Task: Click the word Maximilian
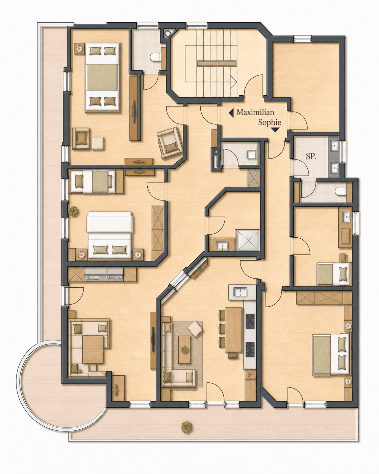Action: coord(255,113)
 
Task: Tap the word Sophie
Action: coord(270,123)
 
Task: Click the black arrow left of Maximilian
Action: coord(231,113)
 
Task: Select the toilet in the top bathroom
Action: coord(155,57)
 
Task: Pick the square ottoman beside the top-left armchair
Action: coord(98,143)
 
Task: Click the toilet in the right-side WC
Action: coord(341,191)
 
